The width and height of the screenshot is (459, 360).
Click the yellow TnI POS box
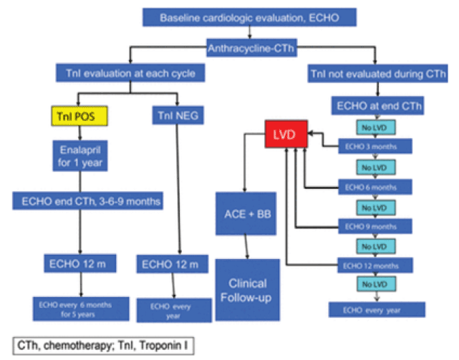(x=79, y=115)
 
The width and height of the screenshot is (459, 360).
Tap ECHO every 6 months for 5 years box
(x=78, y=307)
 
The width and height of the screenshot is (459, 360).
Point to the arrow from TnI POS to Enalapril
(x=79, y=132)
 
